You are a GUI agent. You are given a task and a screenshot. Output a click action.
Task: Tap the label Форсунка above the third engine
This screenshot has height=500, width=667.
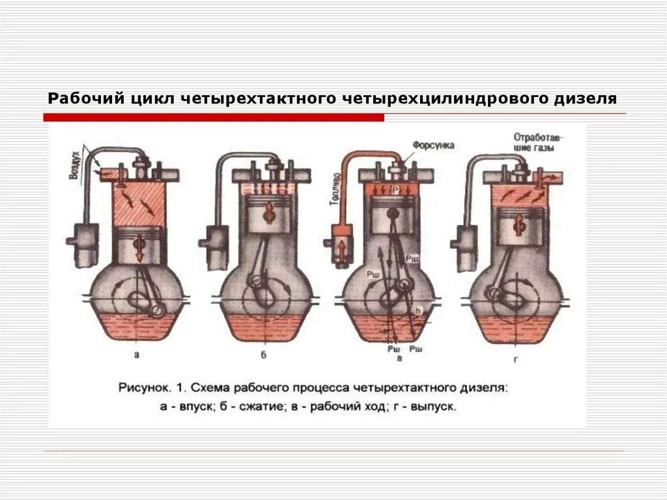tap(433, 145)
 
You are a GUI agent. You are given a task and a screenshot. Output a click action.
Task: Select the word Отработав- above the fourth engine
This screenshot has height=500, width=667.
tap(540, 138)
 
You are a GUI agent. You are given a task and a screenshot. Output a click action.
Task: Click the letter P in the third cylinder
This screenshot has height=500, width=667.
tap(395, 189)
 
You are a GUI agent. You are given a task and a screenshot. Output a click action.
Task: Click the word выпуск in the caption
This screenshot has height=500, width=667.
tap(431, 405)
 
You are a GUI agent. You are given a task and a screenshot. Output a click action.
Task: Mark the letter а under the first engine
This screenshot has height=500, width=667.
tap(136, 355)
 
